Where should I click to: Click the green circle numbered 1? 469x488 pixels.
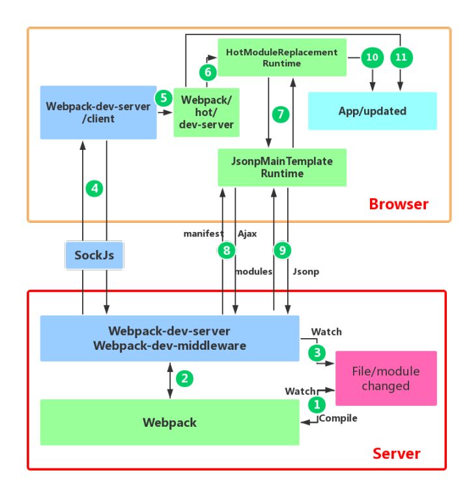[x=317, y=404]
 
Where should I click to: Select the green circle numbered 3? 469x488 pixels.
[x=317, y=352]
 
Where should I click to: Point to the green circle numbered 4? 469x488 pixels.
[x=95, y=189]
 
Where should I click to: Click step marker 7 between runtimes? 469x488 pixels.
[x=281, y=114]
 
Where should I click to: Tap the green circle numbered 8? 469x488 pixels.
[x=226, y=250]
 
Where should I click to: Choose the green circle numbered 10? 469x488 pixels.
[x=372, y=57]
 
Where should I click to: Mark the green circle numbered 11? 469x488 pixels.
[x=401, y=57]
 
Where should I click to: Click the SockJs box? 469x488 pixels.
[x=94, y=255]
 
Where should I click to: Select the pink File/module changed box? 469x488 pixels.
[x=385, y=378]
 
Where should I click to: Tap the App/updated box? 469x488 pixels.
[x=372, y=111]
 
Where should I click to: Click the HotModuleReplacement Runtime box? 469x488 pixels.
[x=281, y=57]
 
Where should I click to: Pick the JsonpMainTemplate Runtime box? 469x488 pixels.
[x=282, y=167]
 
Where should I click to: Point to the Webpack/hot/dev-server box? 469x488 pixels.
[x=206, y=112]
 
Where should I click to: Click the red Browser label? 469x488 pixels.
[x=399, y=204]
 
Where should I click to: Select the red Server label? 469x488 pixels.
[x=396, y=453]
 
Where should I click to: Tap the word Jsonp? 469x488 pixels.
[x=306, y=271]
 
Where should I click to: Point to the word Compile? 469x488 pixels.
[x=339, y=418]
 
